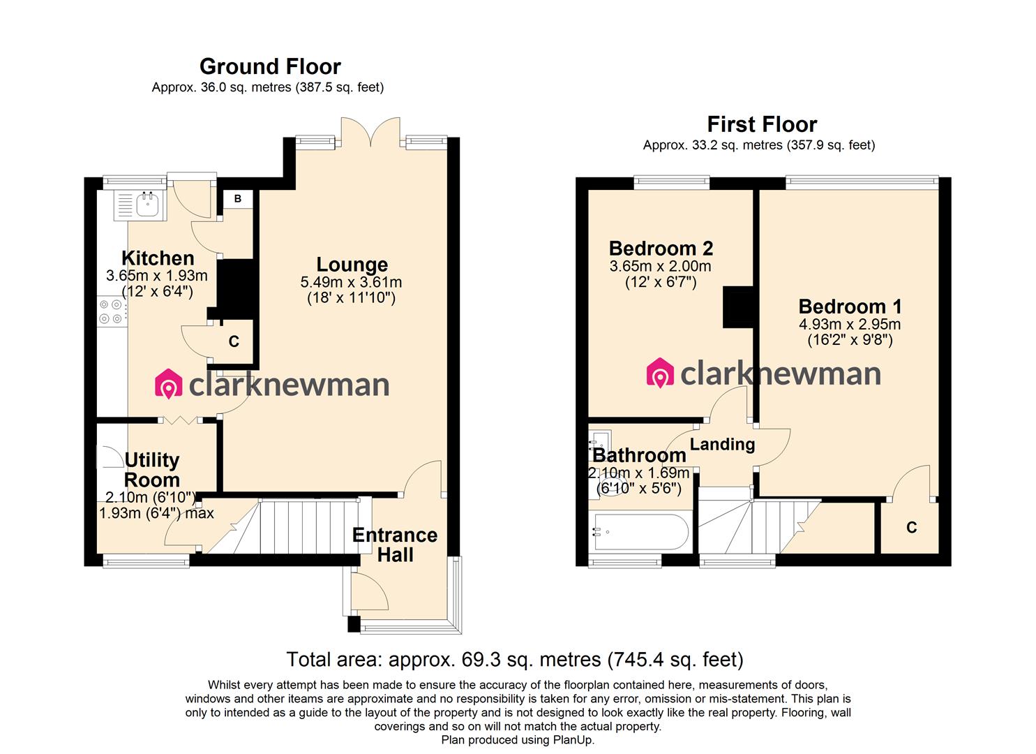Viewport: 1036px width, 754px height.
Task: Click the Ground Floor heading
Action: point(270,66)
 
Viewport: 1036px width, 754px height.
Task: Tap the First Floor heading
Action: point(762,124)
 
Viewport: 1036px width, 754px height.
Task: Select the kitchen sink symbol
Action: point(148,204)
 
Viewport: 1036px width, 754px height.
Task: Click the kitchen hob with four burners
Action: point(110,311)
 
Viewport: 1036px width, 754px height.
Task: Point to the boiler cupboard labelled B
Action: point(238,199)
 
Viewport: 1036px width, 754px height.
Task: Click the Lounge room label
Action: point(352,265)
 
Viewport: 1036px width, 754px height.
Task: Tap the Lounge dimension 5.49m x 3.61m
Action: point(352,282)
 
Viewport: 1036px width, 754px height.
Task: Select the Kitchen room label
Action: point(158,258)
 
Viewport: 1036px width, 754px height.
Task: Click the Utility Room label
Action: point(152,470)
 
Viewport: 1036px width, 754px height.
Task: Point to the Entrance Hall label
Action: point(394,545)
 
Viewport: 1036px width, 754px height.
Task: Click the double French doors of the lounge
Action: point(370,133)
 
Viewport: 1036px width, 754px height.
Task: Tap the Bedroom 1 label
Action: point(850,306)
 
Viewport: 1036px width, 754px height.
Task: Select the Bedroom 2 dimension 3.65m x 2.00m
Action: point(660,266)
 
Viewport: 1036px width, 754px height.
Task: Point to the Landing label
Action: point(722,444)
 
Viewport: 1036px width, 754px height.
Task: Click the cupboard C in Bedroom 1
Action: point(911,527)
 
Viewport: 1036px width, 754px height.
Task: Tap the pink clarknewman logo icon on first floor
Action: point(659,374)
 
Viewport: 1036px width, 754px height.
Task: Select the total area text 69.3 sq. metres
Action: point(515,659)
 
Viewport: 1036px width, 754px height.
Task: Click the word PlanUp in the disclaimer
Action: point(573,740)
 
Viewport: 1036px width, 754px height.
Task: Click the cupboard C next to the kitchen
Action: point(234,341)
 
